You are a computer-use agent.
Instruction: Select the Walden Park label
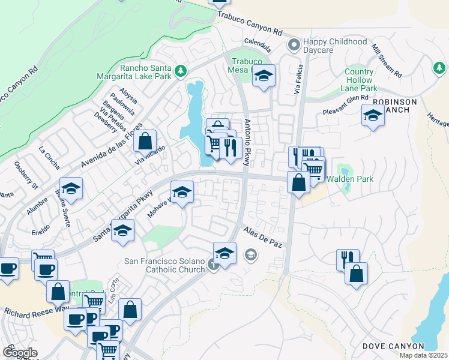pyautogui.click(x=349, y=179)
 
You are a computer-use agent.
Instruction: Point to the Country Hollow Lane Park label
pyautogui.click(x=359, y=80)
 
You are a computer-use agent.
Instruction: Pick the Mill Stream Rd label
pyautogui.click(x=387, y=60)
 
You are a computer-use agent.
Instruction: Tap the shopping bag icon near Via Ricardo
pyautogui.click(x=145, y=142)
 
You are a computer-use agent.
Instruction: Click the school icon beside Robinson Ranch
pyautogui.click(x=373, y=116)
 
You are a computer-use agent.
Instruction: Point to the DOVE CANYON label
pyautogui.click(x=393, y=347)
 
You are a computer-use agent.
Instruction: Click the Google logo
pyautogui.click(x=20, y=353)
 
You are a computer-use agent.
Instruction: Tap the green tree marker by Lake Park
pyautogui.click(x=180, y=72)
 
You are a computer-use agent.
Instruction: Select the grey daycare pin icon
pyautogui.click(x=294, y=44)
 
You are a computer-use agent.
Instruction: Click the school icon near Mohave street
pyautogui.click(x=182, y=193)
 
